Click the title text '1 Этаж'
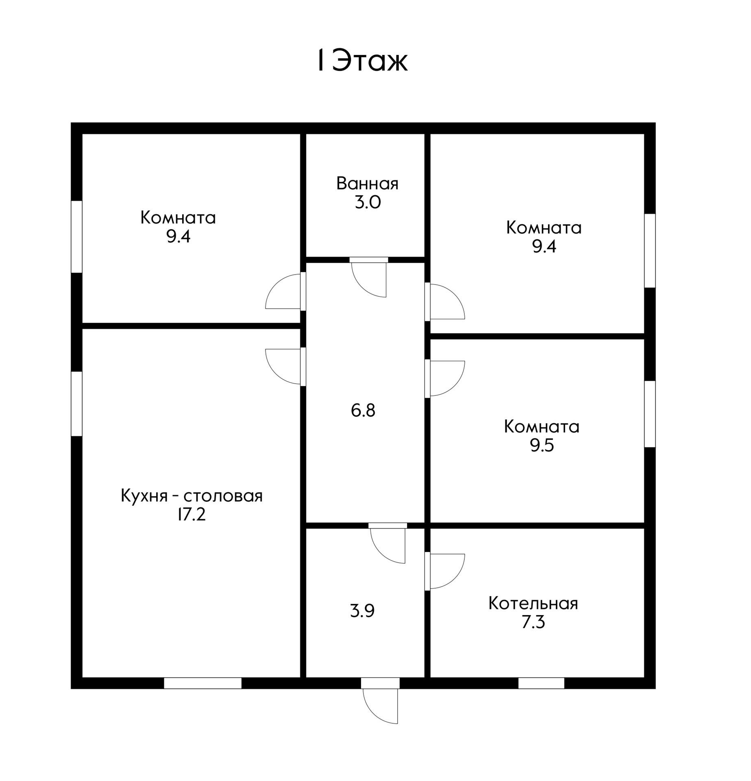coord(362,61)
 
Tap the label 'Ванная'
coord(367,184)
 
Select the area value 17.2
coord(192,515)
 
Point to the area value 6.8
coord(363,410)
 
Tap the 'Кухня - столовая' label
coord(192,496)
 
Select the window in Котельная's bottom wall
coord(541,683)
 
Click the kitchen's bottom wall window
coord(202,683)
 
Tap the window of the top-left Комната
coord(76,236)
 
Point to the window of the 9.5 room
coord(650,414)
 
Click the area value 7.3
coord(533,623)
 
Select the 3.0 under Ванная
coord(368,203)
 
